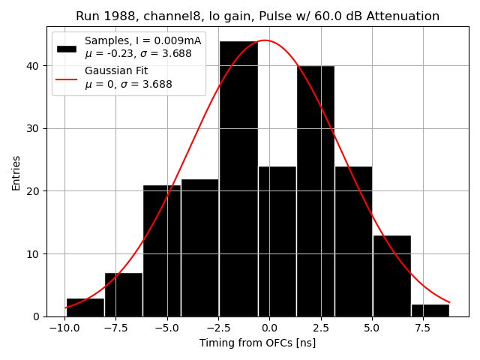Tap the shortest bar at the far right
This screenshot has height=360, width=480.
tap(430, 310)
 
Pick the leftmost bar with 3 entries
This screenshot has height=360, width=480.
tap(85, 307)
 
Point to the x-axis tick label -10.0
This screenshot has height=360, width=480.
tap(64, 328)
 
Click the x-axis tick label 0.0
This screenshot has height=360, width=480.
tap(269, 328)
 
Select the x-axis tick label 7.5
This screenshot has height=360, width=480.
tap(422, 328)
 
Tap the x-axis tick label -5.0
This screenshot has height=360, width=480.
tap(166, 328)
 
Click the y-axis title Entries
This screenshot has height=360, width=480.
tap(16, 173)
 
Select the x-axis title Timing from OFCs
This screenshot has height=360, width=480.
tap(257, 343)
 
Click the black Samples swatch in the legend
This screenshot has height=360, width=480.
tap(67, 48)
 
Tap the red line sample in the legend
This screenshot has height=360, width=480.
tap(67, 77)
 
